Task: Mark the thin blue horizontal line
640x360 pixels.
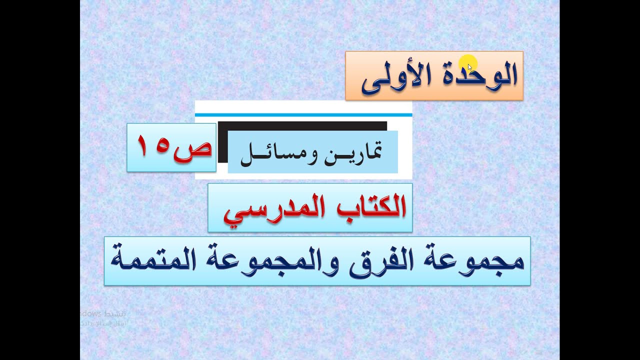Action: [x=303, y=115]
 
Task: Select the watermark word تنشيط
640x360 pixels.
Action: [x=114, y=314]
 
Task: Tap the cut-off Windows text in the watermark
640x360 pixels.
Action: [x=90, y=314]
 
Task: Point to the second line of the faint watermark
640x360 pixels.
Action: [x=103, y=323]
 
